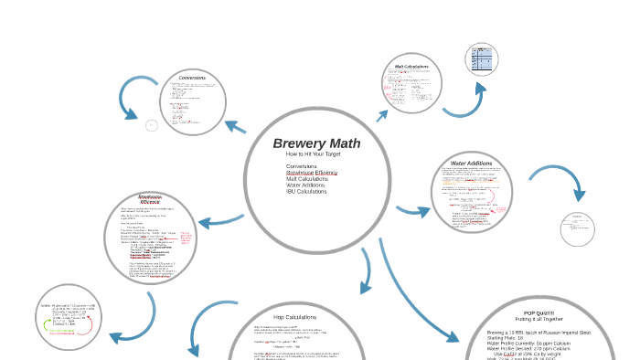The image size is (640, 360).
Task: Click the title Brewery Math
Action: coord(316,143)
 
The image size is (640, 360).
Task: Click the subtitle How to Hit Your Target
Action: coord(314,154)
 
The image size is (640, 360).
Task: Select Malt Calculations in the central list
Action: coord(306,178)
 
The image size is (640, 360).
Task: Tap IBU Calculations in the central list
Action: coord(306,191)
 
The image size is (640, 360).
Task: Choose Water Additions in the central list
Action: coord(307,185)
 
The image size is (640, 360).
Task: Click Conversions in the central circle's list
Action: coord(301,165)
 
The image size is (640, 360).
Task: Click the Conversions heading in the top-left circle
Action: coord(192,77)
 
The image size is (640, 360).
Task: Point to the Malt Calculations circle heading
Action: coord(411,66)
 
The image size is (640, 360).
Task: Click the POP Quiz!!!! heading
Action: coord(539,312)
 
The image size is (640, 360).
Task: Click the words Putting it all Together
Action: coord(539,319)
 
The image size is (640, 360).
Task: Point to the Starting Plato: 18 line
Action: coord(512,338)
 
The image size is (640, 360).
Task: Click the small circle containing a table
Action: coord(481,60)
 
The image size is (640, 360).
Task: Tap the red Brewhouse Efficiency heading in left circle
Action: coord(150,199)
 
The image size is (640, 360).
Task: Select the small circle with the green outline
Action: coord(68,316)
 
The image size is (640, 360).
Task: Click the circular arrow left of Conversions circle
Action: coord(138,98)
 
